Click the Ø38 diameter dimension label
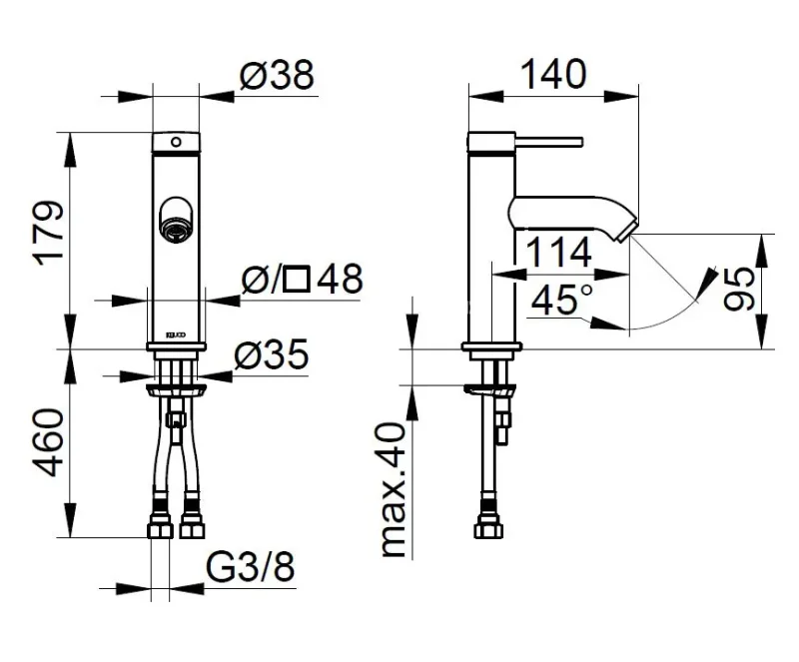(278, 75)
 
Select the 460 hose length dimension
(49, 442)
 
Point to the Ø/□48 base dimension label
(303, 280)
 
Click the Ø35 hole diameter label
(272, 354)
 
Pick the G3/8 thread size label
(251, 567)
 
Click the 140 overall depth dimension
(554, 75)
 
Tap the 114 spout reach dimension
(558, 253)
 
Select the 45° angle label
(562, 300)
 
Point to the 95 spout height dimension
(739, 289)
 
